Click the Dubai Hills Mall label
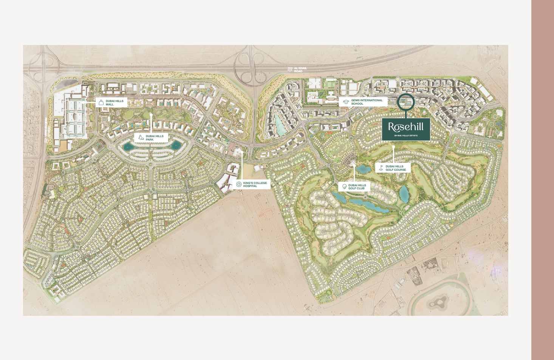tap(115, 103)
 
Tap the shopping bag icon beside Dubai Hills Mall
tap(101, 102)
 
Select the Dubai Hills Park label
tap(155, 138)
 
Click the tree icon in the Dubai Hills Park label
tap(141, 138)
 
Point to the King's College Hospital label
tap(255, 184)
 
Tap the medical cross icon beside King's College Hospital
tap(239, 184)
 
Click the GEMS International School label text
tap(367, 102)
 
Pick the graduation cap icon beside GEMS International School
tap(346, 102)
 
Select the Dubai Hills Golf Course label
tap(396, 168)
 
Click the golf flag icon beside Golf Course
tap(381, 168)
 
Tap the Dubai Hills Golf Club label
tap(357, 187)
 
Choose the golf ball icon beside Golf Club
tap(344, 187)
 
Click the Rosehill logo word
tap(405, 127)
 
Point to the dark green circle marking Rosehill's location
tap(406, 102)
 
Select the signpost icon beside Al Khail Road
tap(290, 70)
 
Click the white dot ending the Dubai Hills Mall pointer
tap(84, 102)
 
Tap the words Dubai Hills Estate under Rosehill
tap(406, 135)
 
